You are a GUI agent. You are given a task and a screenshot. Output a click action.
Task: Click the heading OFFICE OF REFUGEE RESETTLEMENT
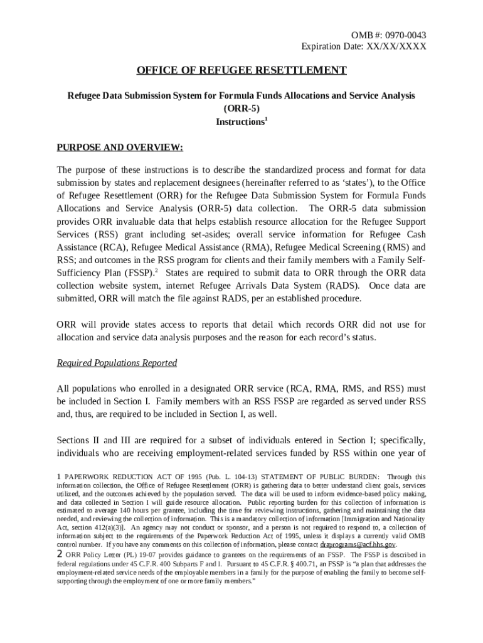click(x=242, y=70)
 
